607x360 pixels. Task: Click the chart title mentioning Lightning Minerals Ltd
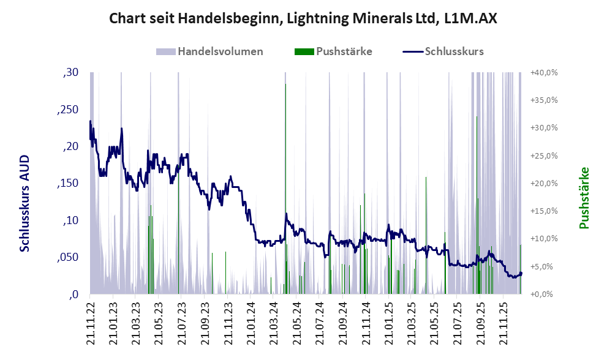pos(303,18)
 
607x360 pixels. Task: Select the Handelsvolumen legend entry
pos(220,51)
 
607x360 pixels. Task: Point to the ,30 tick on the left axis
pos(71,73)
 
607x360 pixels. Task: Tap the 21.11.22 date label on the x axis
pos(91,322)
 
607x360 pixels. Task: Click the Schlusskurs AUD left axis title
pos(25,203)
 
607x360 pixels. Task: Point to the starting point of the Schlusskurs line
pos(90,121)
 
